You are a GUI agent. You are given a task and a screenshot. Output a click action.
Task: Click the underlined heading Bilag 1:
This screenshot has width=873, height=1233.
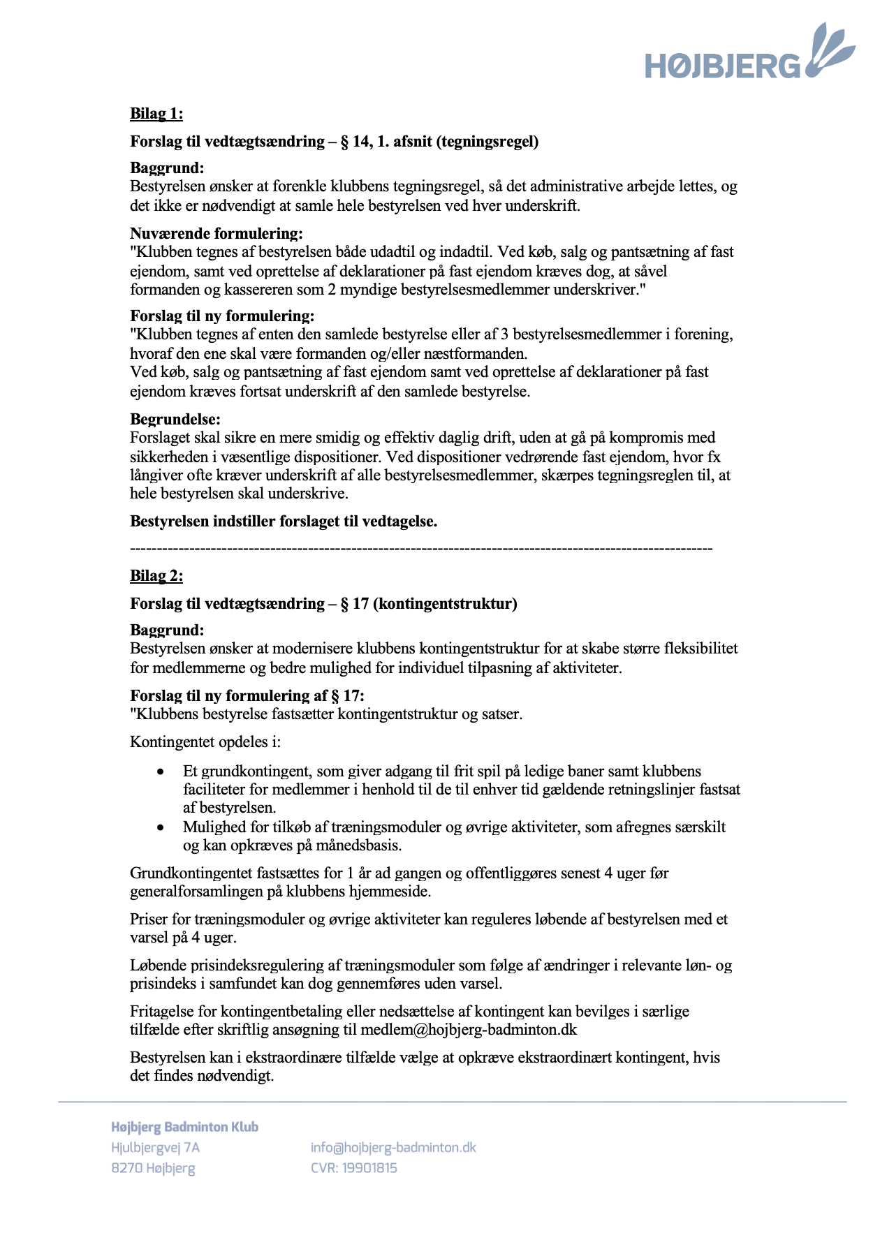click(156, 114)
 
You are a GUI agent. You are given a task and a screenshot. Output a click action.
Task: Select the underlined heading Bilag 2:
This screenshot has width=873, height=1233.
click(156, 576)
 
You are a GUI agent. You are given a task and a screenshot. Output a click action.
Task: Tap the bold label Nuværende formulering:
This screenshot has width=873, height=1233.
click(217, 234)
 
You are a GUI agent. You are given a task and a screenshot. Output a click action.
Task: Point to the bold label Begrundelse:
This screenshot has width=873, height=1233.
click(175, 420)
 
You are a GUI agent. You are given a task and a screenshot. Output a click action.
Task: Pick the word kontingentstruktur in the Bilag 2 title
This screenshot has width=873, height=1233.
click(445, 604)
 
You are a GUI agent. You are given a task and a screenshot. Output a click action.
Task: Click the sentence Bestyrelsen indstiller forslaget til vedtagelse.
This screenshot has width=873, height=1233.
click(284, 522)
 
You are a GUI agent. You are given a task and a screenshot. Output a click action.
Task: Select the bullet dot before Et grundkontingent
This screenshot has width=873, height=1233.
click(161, 772)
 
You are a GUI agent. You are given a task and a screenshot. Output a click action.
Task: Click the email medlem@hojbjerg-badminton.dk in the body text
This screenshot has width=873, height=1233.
click(469, 1030)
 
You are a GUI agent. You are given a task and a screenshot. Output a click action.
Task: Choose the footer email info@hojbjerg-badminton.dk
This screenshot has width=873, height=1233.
click(393, 1148)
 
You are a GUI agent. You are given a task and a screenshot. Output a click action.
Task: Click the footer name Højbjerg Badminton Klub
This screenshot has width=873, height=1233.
click(185, 1127)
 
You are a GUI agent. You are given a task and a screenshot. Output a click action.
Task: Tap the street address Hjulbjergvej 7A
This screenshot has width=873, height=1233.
click(155, 1148)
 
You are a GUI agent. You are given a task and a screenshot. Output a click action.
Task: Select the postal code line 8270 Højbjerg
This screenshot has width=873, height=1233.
click(153, 1168)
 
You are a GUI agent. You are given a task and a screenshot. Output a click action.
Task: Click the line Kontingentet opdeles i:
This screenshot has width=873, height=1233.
click(205, 742)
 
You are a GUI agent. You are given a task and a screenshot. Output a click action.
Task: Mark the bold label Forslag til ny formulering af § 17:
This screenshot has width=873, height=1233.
click(247, 696)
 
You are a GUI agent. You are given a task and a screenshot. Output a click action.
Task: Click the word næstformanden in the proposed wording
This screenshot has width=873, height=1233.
click(480, 353)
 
